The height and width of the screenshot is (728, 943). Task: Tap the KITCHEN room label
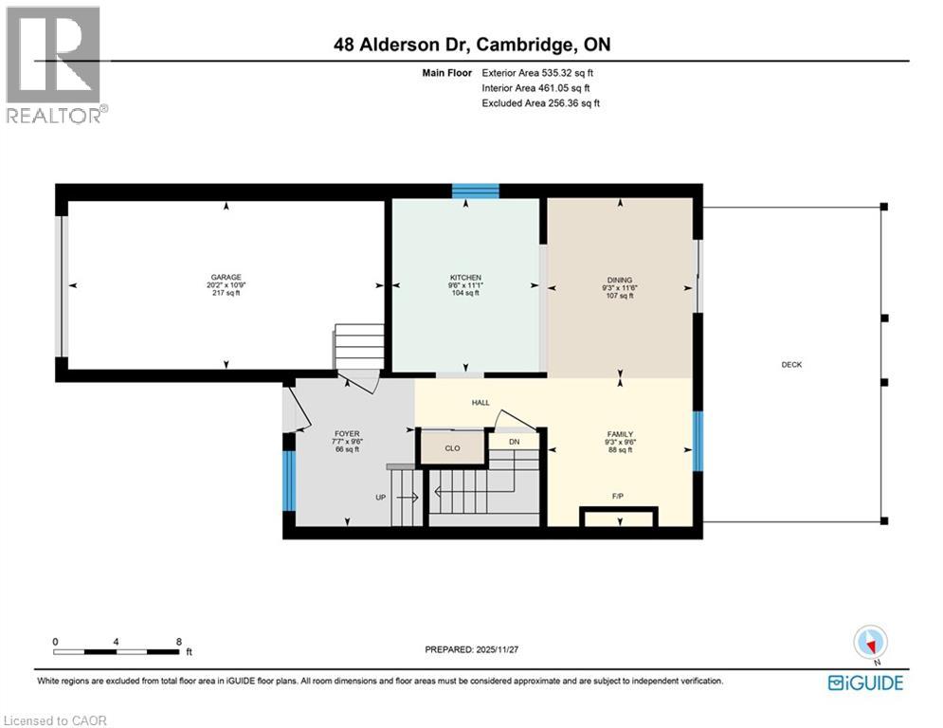click(x=464, y=277)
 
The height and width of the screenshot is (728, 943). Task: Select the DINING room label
click(x=620, y=280)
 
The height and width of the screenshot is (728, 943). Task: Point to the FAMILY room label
click(x=620, y=433)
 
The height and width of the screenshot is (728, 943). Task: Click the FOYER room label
click(x=347, y=433)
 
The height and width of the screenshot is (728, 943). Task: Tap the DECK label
click(x=791, y=364)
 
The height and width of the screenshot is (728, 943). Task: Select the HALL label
click(x=481, y=403)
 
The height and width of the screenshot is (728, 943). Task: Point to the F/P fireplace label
click(x=617, y=495)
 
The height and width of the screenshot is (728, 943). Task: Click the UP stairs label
click(x=380, y=496)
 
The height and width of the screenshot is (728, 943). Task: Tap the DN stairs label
click(x=514, y=442)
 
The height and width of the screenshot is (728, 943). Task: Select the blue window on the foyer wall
click(x=287, y=481)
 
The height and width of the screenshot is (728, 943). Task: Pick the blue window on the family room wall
click(x=698, y=441)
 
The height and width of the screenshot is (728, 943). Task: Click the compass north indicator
click(x=869, y=644)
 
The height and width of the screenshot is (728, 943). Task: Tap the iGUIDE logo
click(x=864, y=682)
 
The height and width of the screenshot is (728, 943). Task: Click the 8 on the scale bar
click(x=178, y=641)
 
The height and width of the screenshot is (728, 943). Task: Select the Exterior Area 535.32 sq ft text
click(x=537, y=72)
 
